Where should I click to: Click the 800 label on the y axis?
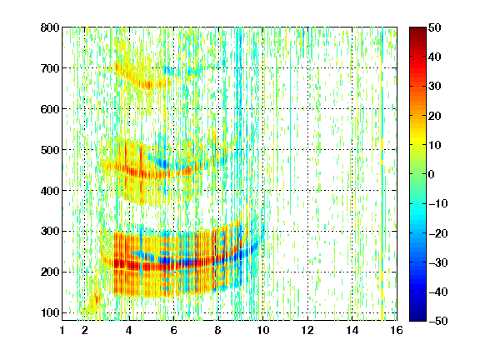coord(50,27)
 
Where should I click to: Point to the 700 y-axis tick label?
coord(50,68)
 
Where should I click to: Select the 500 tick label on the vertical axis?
coord(50,150)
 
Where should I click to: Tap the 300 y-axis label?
coord(50,232)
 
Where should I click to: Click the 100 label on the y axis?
coord(50,312)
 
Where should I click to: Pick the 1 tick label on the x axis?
coord(62,330)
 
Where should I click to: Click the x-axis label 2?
coord(85,330)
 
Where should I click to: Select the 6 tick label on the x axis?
coord(174,330)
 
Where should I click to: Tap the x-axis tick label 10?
coord(263,330)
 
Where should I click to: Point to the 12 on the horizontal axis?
coord(307,330)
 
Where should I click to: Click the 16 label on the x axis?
coord(397,330)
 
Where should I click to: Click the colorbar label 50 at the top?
coord(435,27)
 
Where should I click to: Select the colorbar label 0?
coord(432,174)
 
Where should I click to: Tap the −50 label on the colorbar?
coord(438,321)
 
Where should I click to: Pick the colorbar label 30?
coord(435,87)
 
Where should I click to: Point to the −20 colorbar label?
coord(438,233)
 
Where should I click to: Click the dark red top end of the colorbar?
coord(417,29)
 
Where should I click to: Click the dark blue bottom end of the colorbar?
coord(417,319)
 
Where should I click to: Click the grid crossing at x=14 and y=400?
coord(352,190)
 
